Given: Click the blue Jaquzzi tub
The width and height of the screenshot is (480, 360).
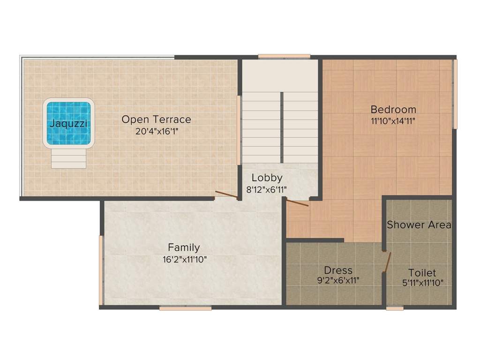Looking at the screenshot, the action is point(68,123).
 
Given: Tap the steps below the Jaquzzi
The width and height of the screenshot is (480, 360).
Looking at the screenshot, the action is point(68,158).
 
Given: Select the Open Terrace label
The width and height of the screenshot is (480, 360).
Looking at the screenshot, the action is point(156,120).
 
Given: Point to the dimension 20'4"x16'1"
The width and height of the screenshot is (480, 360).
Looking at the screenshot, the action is point(157,131).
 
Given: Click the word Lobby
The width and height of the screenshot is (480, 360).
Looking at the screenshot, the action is point(267,178).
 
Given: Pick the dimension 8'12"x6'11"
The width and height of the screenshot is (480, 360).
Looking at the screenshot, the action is point(266,190).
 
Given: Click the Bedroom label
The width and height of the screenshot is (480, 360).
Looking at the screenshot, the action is point(393,109).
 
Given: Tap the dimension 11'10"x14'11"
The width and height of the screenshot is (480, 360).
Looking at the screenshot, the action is point(393,121).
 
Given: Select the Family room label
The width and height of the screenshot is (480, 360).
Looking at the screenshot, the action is point(184,247).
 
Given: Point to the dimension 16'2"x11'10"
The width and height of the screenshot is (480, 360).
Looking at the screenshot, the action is point(185,260).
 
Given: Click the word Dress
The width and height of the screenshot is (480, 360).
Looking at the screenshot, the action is point(338,270).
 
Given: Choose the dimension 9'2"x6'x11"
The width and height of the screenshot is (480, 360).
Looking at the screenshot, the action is point(338,280).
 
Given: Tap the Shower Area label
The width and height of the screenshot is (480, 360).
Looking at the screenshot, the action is point(419,225).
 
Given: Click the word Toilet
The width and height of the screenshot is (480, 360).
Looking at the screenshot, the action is point(422,272).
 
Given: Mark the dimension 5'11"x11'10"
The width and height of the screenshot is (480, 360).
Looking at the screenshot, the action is point(423,283).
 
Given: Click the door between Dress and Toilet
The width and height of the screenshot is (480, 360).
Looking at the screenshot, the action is point(387,262).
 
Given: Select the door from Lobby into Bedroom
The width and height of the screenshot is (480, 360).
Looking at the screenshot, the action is point(297,202).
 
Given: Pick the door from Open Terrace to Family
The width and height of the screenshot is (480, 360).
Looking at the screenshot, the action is point(226,195).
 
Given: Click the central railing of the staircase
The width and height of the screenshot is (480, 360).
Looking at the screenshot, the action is point(282,127).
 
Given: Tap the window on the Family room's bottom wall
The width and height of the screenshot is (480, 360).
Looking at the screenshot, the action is point(185,308).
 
